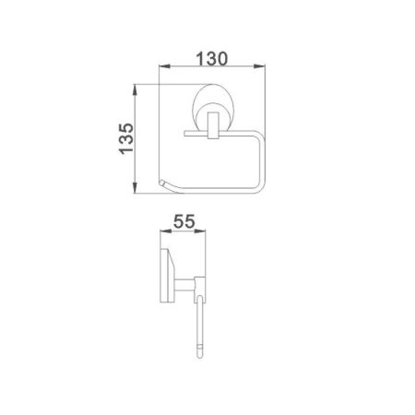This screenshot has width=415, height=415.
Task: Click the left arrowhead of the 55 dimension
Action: click(162, 234)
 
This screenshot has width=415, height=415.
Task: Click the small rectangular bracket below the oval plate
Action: click(211, 126)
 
